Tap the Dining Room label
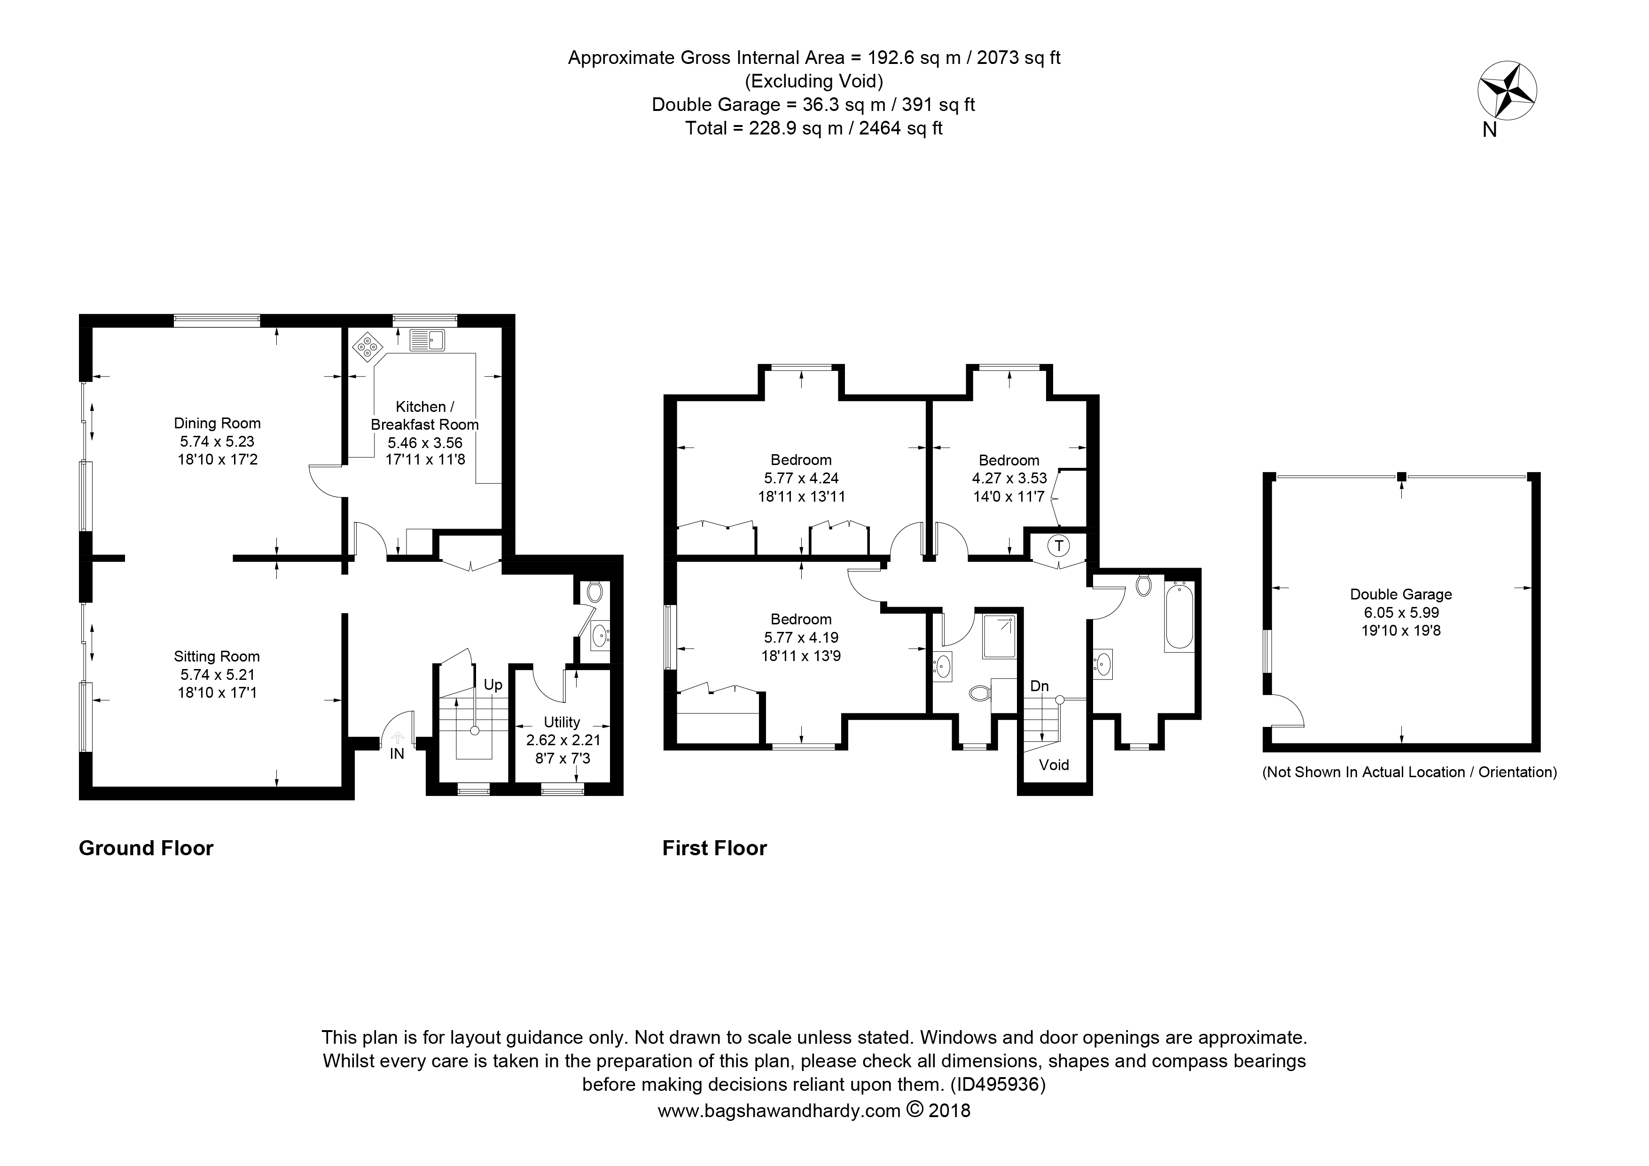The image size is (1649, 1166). [x=217, y=423]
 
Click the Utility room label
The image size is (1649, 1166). [x=562, y=722]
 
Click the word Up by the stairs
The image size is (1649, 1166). [x=492, y=685]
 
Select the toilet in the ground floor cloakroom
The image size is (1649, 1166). [x=594, y=592]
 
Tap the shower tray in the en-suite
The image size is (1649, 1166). [x=999, y=637]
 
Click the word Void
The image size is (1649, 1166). [x=1054, y=765]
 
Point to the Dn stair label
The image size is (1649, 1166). [x=1039, y=686]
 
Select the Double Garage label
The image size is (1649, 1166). [x=1400, y=594]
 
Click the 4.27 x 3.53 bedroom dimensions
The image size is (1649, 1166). [x=1009, y=478]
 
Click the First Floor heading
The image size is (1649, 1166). [x=715, y=849]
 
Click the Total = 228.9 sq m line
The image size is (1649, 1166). [x=813, y=129]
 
